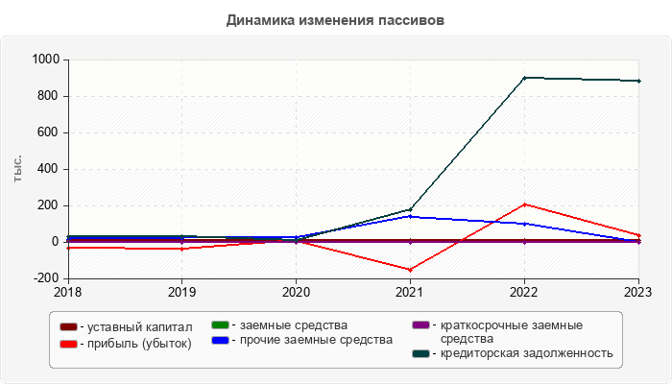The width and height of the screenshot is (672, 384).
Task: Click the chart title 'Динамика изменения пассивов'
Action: pos(336,20)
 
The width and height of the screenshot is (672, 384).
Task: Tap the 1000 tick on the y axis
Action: pos(44,60)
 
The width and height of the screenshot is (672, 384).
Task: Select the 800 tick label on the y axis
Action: pos(48,96)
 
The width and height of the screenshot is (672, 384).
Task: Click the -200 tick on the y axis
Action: pos(46,278)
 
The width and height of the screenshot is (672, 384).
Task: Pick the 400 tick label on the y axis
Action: pos(48,169)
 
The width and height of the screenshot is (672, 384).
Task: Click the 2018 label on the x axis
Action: pos(68,291)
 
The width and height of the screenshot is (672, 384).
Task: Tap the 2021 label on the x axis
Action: pos(410,291)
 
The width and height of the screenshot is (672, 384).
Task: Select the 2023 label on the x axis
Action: pos(638,291)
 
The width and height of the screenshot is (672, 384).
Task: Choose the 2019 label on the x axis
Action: pos(182,291)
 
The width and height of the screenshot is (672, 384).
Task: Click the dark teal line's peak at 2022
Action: pos(524,78)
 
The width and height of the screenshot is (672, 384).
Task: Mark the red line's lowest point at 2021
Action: pos(410,270)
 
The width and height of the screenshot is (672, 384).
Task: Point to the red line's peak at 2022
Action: pos(524,204)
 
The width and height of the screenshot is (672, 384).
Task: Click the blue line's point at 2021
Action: pos(410,216)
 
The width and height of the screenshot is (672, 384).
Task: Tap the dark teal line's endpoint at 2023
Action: pos(638,81)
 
